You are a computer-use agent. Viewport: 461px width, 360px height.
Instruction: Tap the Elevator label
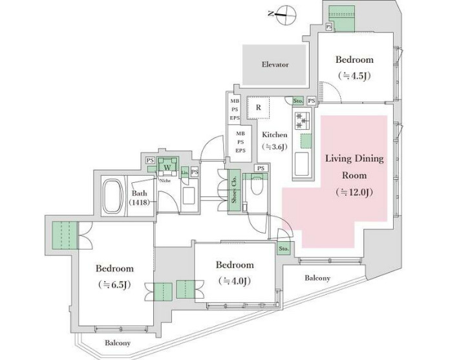pyautogui.click(x=275, y=65)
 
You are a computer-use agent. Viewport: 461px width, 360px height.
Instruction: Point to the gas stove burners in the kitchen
pyautogui.click(x=302, y=122)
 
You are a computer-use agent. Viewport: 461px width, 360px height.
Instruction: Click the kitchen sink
pyautogui.click(x=303, y=164)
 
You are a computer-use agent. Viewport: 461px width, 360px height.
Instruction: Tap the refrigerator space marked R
pyautogui.click(x=258, y=108)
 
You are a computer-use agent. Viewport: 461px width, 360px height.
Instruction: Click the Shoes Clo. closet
pyautogui.click(x=233, y=189)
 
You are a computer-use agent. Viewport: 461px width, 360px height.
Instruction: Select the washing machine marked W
pyautogui.click(x=167, y=167)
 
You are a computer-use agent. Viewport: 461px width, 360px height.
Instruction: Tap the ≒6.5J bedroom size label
pyautogui.click(x=115, y=284)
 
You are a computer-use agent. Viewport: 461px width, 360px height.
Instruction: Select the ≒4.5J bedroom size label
pyautogui.click(x=354, y=75)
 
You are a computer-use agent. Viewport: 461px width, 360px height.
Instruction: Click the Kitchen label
pyautogui.click(x=274, y=135)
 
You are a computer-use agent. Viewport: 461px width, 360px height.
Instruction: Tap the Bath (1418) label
pyautogui.click(x=140, y=198)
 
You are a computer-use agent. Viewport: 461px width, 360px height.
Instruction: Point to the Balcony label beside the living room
pyautogui.click(x=317, y=279)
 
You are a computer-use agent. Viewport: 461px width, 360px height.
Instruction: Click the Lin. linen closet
pyautogui.click(x=184, y=171)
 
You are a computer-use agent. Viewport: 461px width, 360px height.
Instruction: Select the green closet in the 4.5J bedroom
pyautogui.click(x=342, y=17)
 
